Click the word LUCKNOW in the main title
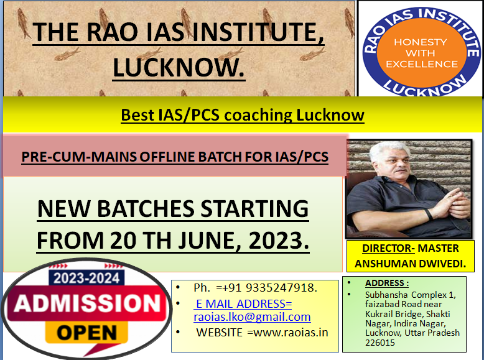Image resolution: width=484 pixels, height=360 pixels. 179,68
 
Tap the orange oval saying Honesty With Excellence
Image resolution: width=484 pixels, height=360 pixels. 421,52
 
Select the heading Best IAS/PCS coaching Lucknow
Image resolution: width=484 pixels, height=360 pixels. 242,115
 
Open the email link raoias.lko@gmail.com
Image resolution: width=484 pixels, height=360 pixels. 252,317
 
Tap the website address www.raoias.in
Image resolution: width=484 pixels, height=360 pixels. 291,332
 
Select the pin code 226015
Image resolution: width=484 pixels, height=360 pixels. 380,343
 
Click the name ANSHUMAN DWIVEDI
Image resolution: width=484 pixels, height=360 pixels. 410,264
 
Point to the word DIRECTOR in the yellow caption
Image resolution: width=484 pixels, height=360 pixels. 387,248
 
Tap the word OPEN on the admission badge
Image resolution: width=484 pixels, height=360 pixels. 86,333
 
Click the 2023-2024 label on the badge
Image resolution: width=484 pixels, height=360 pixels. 86,279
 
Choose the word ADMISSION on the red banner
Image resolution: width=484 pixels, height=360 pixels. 87,303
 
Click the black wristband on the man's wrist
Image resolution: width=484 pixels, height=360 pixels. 428,214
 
